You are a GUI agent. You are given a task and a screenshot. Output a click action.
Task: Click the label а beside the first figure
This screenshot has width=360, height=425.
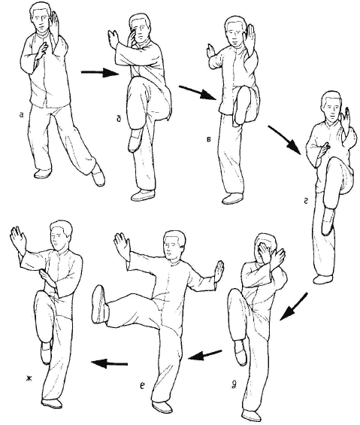pyautogui.click(x=22, y=115)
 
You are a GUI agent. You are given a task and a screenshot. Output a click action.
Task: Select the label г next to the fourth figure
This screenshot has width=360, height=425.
pyautogui.click(x=306, y=201)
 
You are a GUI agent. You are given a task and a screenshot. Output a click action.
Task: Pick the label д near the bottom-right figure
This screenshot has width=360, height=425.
pyautogui.click(x=234, y=385)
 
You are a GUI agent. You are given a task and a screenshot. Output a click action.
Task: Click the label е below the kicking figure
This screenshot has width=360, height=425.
pyautogui.click(x=143, y=386)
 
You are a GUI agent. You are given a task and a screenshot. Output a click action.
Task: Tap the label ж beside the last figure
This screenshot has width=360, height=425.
pyautogui.click(x=29, y=378)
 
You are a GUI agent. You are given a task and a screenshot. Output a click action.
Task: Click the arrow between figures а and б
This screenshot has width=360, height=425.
pyautogui.click(x=100, y=73)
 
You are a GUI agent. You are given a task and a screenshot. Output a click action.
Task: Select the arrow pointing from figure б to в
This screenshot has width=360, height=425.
pyautogui.click(x=198, y=93)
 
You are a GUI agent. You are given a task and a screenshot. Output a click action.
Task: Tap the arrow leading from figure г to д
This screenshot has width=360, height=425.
pyautogui.click(x=293, y=307)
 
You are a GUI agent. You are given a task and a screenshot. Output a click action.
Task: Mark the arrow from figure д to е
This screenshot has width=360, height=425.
pyautogui.click(x=204, y=355)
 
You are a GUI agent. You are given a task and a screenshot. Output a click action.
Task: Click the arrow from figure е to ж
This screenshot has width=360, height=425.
pyautogui.click(x=110, y=363)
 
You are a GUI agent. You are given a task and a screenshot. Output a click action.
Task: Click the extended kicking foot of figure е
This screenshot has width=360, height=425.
pyautogui.click(x=99, y=304)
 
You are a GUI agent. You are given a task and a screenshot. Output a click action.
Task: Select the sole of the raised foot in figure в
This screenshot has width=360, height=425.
pyautogui.click(x=244, y=105)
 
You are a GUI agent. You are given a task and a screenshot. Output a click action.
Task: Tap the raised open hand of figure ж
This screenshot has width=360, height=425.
pyautogui.click(x=19, y=238)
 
